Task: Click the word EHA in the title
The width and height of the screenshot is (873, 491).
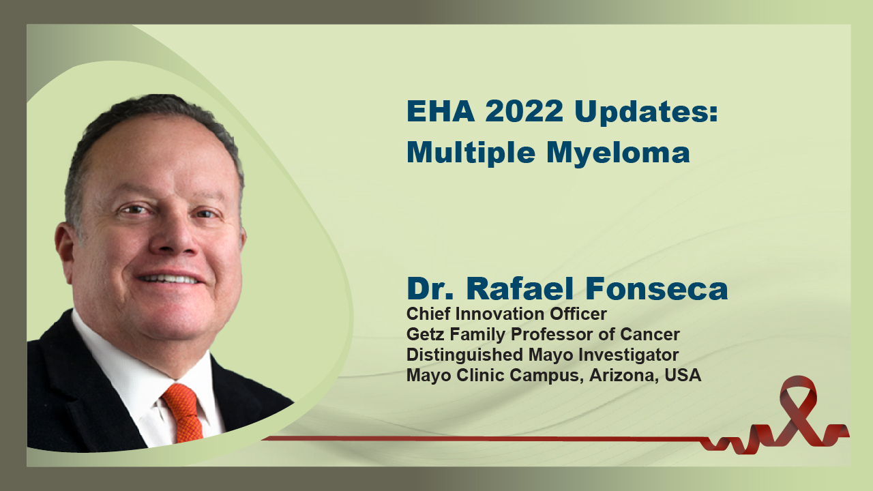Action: pyautogui.click(x=441, y=111)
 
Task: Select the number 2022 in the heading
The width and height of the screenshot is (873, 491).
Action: pyautogui.click(x=524, y=111)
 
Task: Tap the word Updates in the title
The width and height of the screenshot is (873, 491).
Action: pyautogui.click(x=646, y=113)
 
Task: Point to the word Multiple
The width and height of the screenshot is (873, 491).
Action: pyautogui.click(x=471, y=153)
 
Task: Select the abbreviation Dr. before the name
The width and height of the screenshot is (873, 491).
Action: pyautogui.click(x=430, y=288)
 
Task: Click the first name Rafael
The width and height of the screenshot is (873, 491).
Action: pyautogui.click(x=520, y=288)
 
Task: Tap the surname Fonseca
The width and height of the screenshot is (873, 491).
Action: pyautogui.click(x=657, y=288)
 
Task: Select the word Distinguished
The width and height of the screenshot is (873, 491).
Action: pyautogui.click(x=464, y=355)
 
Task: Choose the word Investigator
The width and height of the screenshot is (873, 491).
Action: pyautogui.click(x=628, y=355)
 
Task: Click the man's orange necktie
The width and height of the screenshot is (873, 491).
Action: pyautogui.click(x=183, y=411)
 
